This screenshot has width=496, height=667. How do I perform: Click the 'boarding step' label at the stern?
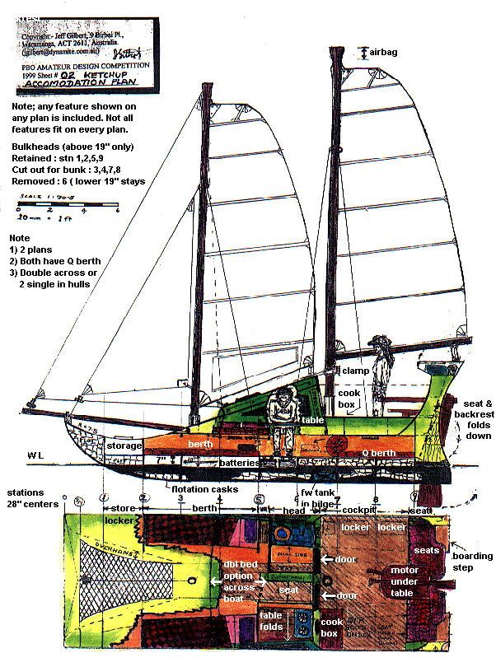click(473, 561)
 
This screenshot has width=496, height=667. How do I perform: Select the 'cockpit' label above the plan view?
click(360, 511)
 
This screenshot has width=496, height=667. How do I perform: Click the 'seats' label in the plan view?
click(426, 550)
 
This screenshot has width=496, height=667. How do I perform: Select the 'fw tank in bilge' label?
click(316, 497)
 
